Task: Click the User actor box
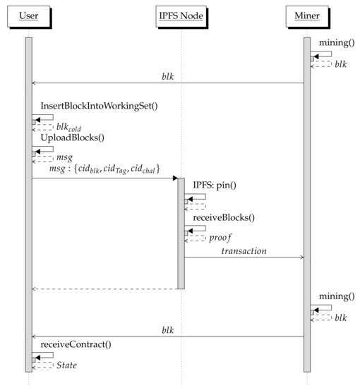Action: click(x=28, y=15)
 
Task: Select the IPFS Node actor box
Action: click(x=181, y=15)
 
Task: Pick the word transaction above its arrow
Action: click(x=244, y=251)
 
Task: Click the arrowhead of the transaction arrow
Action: click(x=301, y=257)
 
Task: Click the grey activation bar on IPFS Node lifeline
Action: click(x=181, y=233)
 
